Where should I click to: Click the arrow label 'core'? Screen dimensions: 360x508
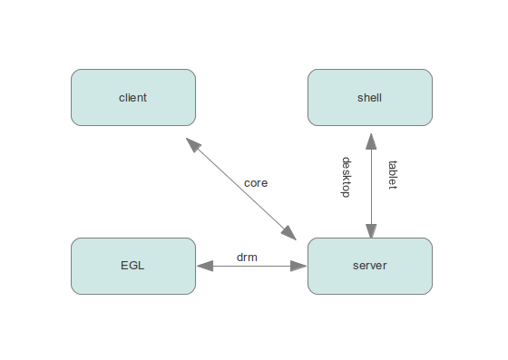click(x=256, y=182)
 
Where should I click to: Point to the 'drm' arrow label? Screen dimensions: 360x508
click(x=247, y=257)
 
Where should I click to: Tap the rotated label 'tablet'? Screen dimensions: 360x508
click(x=393, y=175)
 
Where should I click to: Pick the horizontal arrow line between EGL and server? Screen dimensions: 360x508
click(x=251, y=267)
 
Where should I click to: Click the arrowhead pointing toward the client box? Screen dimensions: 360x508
click(x=192, y=144)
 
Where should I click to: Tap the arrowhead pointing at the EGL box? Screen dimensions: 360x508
click(x=204, y=267)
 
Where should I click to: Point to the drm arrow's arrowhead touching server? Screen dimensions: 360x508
click(x=299, y=267)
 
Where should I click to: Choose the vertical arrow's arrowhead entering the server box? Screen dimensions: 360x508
click(x=370, y=230)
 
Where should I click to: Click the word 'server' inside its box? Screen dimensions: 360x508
click(x=369, y=266)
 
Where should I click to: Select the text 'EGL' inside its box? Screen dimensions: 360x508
click(x=132, y=266)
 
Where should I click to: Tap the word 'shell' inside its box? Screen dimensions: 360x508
click(x=369, y=97)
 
